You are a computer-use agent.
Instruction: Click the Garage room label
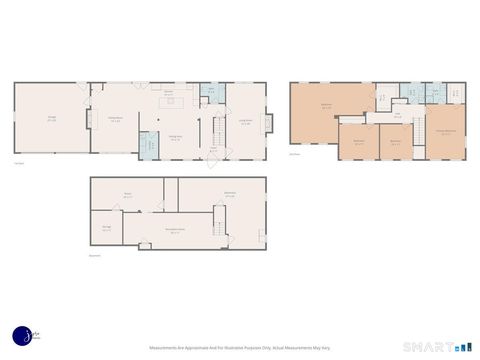point(51,118)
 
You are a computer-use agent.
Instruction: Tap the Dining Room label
point(115,119)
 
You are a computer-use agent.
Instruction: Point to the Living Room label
point(246,123)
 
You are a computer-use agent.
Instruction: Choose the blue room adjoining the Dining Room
point(149,143)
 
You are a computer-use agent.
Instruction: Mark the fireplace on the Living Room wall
point(267,121)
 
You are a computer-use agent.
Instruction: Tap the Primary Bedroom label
point(446,130)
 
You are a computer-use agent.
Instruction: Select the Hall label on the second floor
point(396,117)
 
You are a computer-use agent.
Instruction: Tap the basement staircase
point(220,220)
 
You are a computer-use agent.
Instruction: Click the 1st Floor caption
point(19,163)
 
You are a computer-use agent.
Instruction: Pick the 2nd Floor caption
point(294,154)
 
